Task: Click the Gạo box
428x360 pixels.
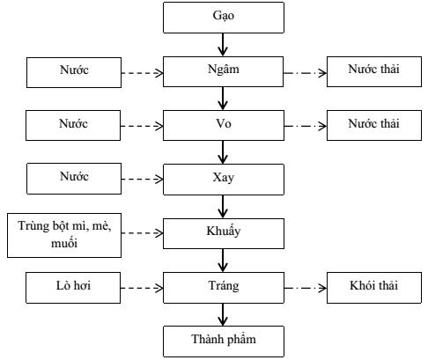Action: pyautogui.click(x=224, y=18)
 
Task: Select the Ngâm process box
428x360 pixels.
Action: pyautogui.click(x=223, y=71)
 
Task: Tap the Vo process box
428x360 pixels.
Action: pyautogui.click(x=224, y=125)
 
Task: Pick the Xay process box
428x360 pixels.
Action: pyautogui.click(x=224, y=180)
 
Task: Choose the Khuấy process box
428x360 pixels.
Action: pyautogui.click(x=224, y=233)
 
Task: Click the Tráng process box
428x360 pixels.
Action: pyautogui.click(x=224, y=288)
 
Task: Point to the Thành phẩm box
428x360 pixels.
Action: pyautogui.click(x=224, y=342)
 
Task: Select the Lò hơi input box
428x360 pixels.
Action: pyautogui.click(x=73, y=288)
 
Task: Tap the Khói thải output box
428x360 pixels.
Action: pyautogui.click(x=374, y=288)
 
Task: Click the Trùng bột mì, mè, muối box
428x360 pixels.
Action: pyautogui.click(x=64, y=235)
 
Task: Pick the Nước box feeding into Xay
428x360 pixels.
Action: pyautogui.click(x=74, y=179)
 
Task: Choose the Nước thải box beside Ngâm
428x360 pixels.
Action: pyautogui.click(x=374, y=71)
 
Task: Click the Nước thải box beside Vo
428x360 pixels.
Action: pyautogui.click(x=374, y=125)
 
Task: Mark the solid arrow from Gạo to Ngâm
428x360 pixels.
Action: pyautogui.click(x=223, y=45)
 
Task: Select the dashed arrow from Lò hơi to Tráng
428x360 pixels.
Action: pyautogui.click(x=142, y=288)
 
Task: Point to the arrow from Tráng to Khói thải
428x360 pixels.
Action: pyautogui.click(x=306, y=288)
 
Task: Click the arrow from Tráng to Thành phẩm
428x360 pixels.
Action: pyautogui.click(x=223, y=314)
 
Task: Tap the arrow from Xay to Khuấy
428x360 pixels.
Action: pyautogui.click(x=223, y=207)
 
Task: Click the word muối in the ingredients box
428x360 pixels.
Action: pyautogui.click(x=64, y=243)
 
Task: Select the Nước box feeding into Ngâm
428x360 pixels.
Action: pyautogui.click(x=74, y=72)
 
